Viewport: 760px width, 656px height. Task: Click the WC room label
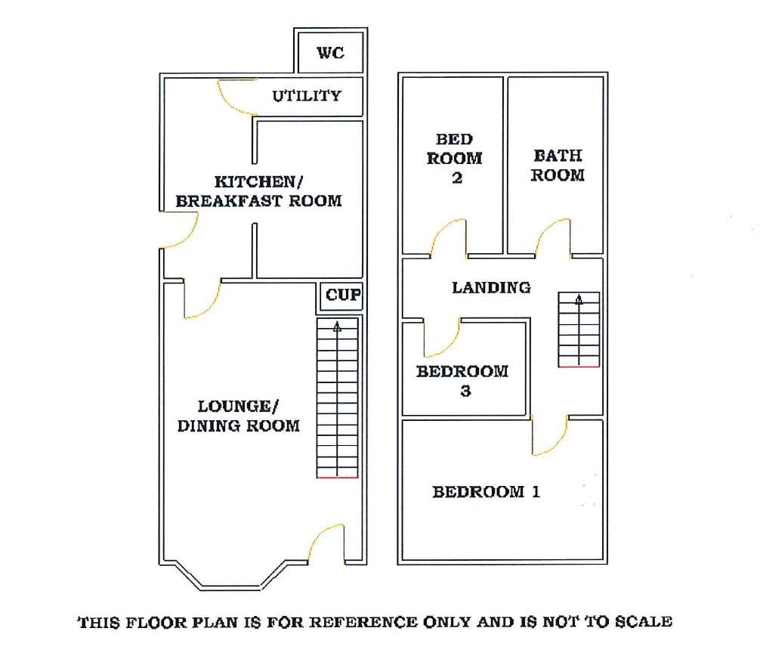330,53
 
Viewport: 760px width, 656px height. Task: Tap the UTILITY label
307,96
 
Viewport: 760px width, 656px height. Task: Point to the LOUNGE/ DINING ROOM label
238,416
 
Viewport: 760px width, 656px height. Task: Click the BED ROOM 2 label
455,159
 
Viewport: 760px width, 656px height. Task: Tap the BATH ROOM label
558,166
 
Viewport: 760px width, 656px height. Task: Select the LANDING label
491,288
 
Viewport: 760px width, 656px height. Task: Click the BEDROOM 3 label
462,381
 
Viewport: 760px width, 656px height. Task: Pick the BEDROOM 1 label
486,492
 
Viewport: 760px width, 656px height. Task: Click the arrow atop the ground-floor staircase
337,327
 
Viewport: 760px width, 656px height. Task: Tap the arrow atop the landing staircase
579,300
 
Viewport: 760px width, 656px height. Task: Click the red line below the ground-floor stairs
337,478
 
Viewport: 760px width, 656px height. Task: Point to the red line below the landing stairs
579,367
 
